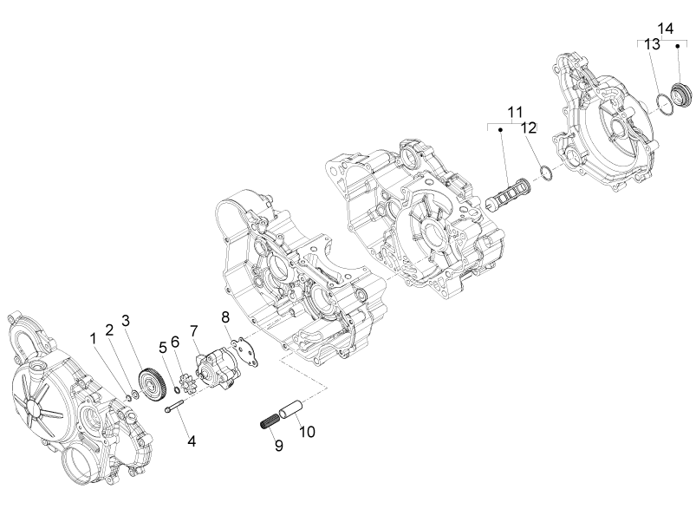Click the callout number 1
tap(94, 339)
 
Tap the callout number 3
tap(126, 321)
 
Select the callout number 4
tap(192, 441)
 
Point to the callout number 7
tap(193, 331)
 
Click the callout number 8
tap(225, 317)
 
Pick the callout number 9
tap(279, 445)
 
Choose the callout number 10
tap(307, 432)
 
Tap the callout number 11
tap(516, 112)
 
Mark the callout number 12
tap(528, 127)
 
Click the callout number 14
tap(666, 29)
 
